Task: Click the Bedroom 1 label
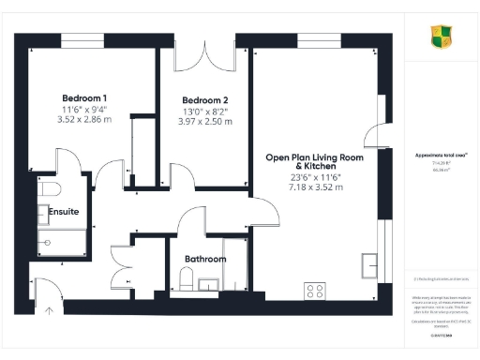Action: coord(85,98)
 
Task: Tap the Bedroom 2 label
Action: coord(205,100)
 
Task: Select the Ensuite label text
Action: coord(64,212)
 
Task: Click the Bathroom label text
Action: coord(205,259)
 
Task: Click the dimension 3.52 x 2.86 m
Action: coord(85,120)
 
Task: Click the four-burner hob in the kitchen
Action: coord(314,290)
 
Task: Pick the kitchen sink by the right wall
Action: coord(373,265)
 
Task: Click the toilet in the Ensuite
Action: coord(44,190)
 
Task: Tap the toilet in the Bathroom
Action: coord(186,278)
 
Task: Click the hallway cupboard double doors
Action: coord(122,265)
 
